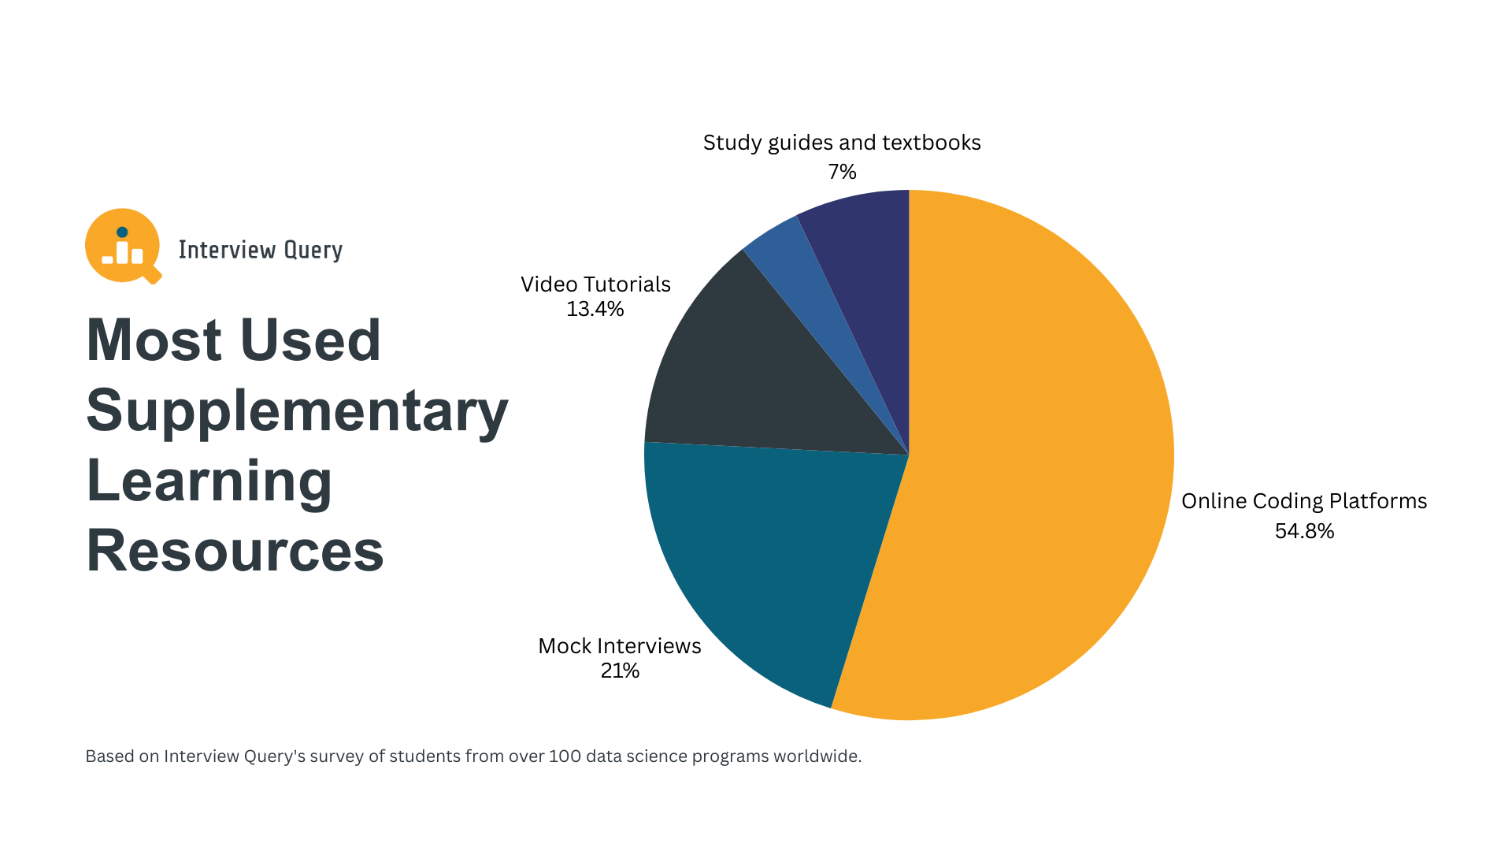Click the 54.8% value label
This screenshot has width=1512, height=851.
coord(1304,531)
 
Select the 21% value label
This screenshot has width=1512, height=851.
coord(620,671)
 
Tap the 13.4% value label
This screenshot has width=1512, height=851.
coord(595,309)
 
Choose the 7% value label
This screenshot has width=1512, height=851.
coord(842,172)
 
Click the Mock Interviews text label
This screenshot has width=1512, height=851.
coord(620,646)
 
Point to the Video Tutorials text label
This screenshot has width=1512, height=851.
coord(595,284)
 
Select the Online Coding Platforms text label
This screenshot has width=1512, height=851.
coord(1304,501)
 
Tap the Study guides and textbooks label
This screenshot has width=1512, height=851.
coord(842,143)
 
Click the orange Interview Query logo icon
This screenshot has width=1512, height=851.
coord(123,246)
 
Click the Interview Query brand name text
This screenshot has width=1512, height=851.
coord(260,250)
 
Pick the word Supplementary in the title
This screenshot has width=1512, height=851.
coord(297,411)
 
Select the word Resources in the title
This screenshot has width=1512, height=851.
coord(235,551)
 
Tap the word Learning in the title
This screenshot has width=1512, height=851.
coord(209,481)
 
